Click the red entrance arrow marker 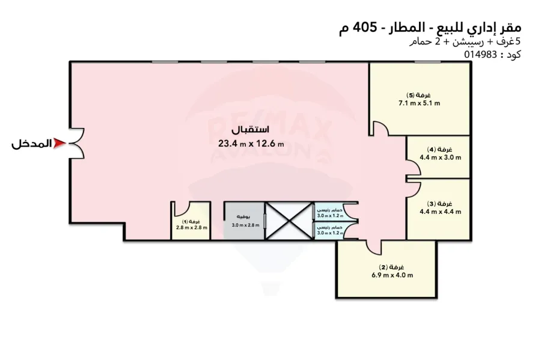[x=59, y=144]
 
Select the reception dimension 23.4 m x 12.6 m [x=251, y=143]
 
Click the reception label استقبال [x=251, y=130]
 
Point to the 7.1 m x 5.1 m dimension [x=419, y=103]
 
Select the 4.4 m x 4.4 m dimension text [x=440, y=212]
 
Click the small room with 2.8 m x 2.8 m [x=191, y=225]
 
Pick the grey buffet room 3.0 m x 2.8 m [x=244, y=221]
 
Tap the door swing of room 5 [x=379, y=129]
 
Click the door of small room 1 [x=179, y=209]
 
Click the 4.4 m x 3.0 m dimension [x=440, y=158]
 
